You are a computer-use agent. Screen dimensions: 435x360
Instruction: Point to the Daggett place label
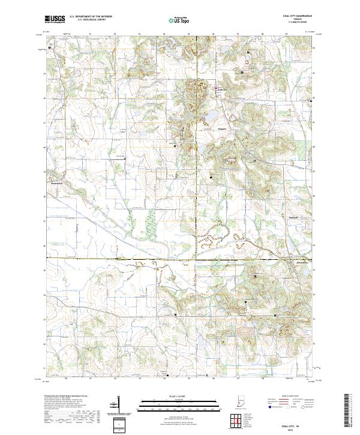(x=220, y=128)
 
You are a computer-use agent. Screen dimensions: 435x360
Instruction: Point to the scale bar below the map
(x=179, y=404)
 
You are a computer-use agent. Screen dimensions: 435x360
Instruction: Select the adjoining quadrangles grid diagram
(x=238, y=421)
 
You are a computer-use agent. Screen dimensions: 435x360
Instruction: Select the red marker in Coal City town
(x=217, y=89)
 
